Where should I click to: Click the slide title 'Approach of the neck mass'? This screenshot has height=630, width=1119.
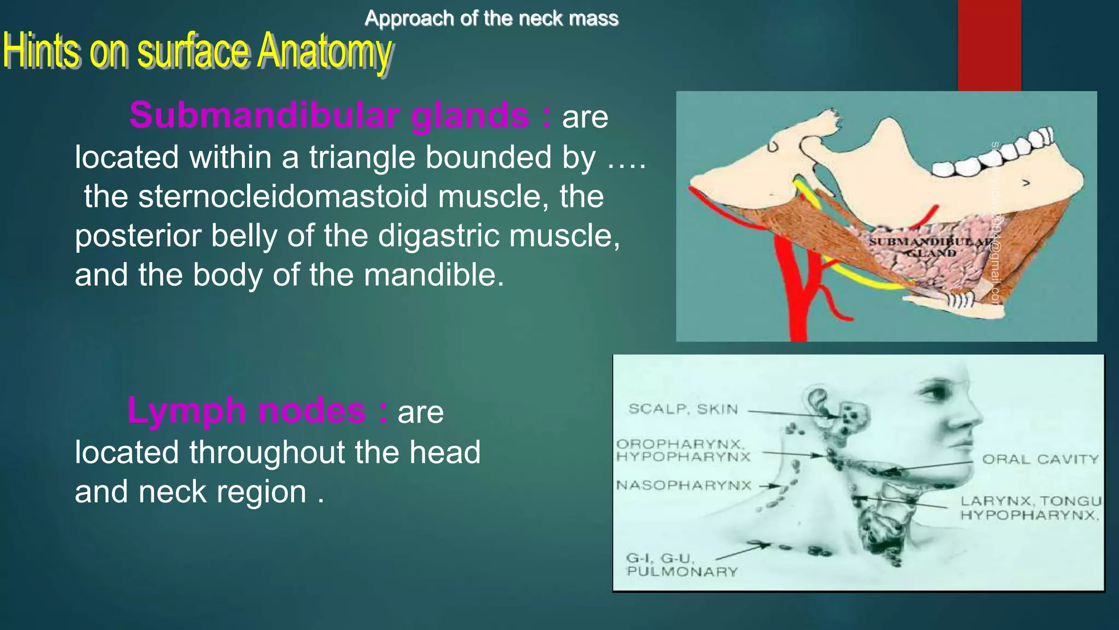(491, 19)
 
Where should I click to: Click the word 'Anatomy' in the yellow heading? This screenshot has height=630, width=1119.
(325, 51)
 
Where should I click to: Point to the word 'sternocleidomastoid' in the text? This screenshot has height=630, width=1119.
(283, 196)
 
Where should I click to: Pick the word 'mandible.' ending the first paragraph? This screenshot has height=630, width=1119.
(434, 275)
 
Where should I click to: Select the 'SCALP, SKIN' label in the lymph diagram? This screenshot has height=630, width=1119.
(683, 409)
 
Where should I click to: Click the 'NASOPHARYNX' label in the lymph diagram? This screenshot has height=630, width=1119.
(684, 486)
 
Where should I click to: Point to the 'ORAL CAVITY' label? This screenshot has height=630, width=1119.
(1040, 459)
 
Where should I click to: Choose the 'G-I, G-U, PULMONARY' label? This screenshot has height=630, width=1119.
(681, 565)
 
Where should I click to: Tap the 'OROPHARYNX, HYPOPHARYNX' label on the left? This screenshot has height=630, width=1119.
(683, 451)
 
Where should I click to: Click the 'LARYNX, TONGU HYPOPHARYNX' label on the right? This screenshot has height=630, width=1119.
(1030, 508)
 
